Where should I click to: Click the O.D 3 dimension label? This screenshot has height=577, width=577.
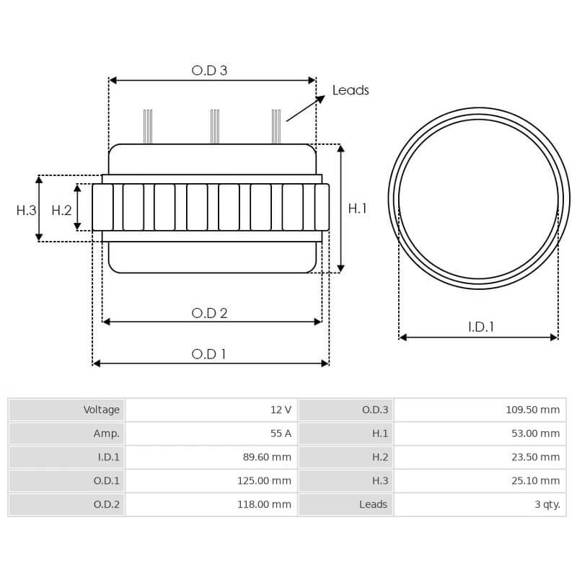point(209,70)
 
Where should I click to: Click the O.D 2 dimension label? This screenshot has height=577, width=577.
point(209,313)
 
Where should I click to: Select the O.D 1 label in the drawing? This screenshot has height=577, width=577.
point(209,354)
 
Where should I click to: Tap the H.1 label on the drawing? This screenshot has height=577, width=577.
point(358,208)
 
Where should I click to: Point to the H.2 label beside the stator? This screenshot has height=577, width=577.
point(61,210)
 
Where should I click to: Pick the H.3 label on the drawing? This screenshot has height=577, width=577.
point(26,210)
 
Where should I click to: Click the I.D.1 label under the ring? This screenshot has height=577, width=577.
point(480,327)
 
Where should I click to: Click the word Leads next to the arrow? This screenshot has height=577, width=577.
point(351,90)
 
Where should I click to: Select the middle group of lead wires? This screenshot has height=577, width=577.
point(214,126)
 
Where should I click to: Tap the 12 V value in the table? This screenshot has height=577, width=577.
point(281,410)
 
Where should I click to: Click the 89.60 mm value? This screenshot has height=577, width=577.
point(266,457)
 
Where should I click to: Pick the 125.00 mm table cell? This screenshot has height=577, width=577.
point(264,481)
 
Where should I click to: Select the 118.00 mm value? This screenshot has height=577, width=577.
point(264,505)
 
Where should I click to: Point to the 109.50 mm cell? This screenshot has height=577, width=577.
point(532,410)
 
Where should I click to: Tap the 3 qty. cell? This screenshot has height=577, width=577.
point(547,505)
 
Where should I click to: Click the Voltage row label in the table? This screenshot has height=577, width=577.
point(101,410)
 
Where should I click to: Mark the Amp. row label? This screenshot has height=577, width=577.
point(106,433)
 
